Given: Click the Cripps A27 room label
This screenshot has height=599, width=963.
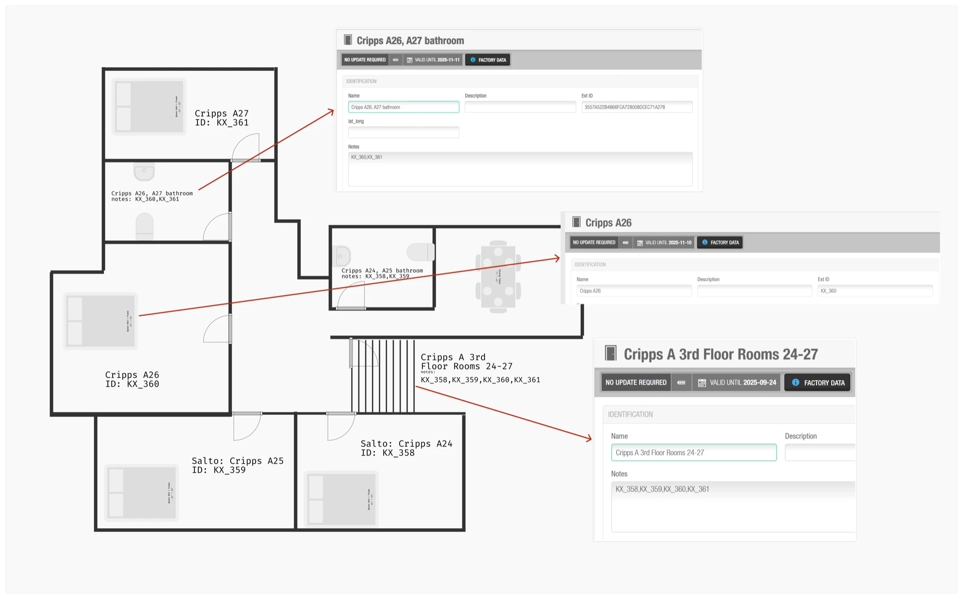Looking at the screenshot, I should tap(221, 118).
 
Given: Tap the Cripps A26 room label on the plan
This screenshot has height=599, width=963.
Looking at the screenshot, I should tap(132, 379).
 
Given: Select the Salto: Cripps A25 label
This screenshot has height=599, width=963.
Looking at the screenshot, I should tap(237, 465).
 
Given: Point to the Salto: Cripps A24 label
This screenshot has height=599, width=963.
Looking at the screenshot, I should tap(406, 448).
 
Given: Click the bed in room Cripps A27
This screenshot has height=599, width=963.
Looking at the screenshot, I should tap(149, 106).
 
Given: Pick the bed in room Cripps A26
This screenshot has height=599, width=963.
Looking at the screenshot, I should tap(101, 321).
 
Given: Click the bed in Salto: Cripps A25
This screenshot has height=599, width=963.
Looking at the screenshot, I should tap(142, 492).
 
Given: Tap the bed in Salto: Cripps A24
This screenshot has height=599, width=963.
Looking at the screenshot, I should tap(341, 499).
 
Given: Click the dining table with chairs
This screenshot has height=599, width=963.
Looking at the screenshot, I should tap(498, 277).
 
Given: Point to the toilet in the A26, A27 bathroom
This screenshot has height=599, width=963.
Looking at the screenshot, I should tap(144, 226).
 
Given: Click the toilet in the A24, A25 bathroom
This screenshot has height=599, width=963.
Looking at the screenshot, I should tap(420, 252).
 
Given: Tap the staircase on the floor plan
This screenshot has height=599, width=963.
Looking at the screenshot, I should tap(383, 375).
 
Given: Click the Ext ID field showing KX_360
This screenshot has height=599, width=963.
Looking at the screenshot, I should tap(875, 291).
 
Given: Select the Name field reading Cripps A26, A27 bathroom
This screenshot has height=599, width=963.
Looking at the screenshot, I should tap(403, 107).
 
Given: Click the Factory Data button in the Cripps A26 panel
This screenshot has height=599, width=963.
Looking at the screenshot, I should tap(720, 242).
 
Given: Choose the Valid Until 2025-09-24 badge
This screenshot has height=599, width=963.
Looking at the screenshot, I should tap(737, 382).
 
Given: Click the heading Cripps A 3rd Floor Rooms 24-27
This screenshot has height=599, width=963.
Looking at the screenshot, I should tap(720, 355).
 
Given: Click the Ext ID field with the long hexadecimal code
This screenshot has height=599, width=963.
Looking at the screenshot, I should tap(637, 107).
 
